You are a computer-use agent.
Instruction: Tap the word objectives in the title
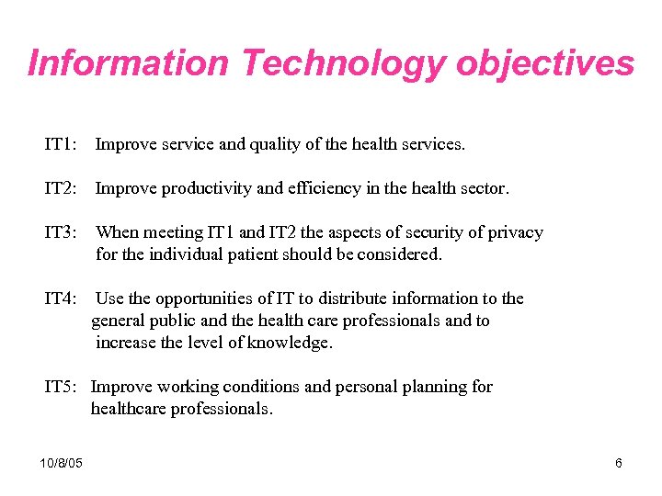pos(545,63)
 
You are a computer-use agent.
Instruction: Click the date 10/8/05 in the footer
pos(62,463)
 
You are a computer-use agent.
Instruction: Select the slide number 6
pos(619,463)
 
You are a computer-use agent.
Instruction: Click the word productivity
pos(207,188)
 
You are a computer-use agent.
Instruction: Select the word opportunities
pos(200,299)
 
